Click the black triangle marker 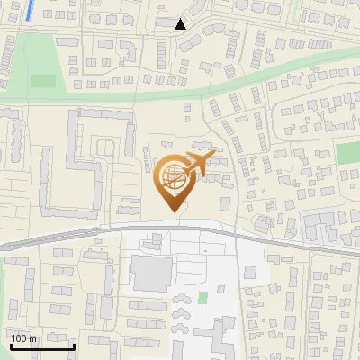click(x=181, y=24)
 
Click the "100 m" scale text click(x=23, y=338)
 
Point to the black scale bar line click(x=41, y=346)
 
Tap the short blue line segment click(x=32, y=11)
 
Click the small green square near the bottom click(x=202, y=297)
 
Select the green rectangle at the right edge click(x=348, y=153)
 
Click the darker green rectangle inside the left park click(x=42, y=81)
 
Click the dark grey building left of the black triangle click(x=166, y=22)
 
